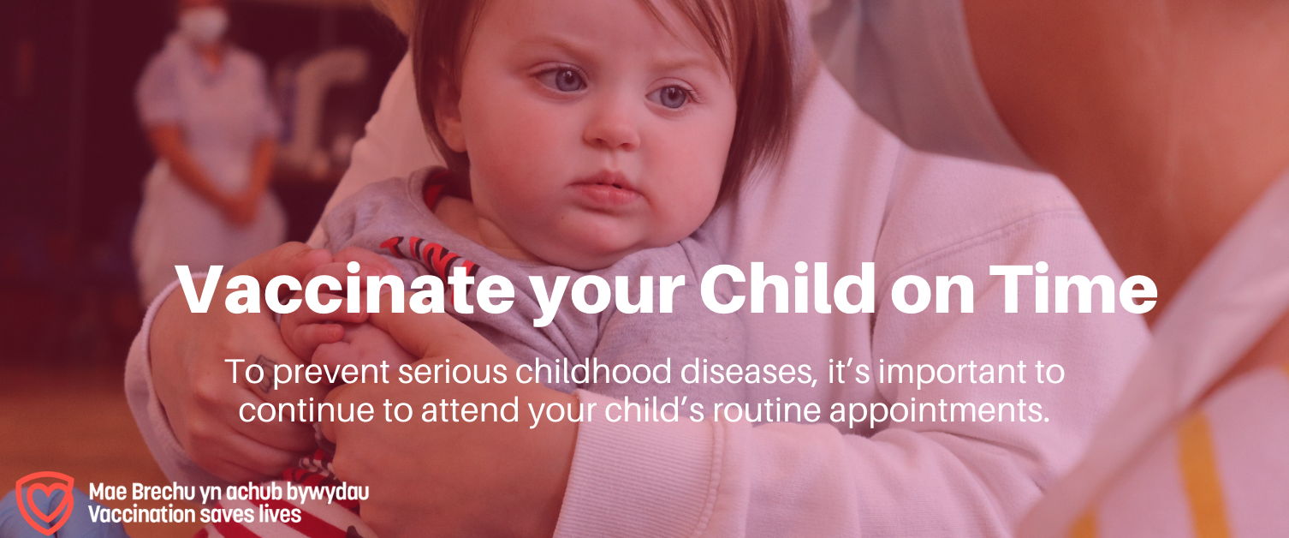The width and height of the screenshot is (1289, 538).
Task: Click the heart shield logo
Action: [45, 502]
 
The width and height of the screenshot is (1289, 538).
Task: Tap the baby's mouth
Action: [605, 187]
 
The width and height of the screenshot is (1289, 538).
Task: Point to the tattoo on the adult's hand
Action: [264, 374]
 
